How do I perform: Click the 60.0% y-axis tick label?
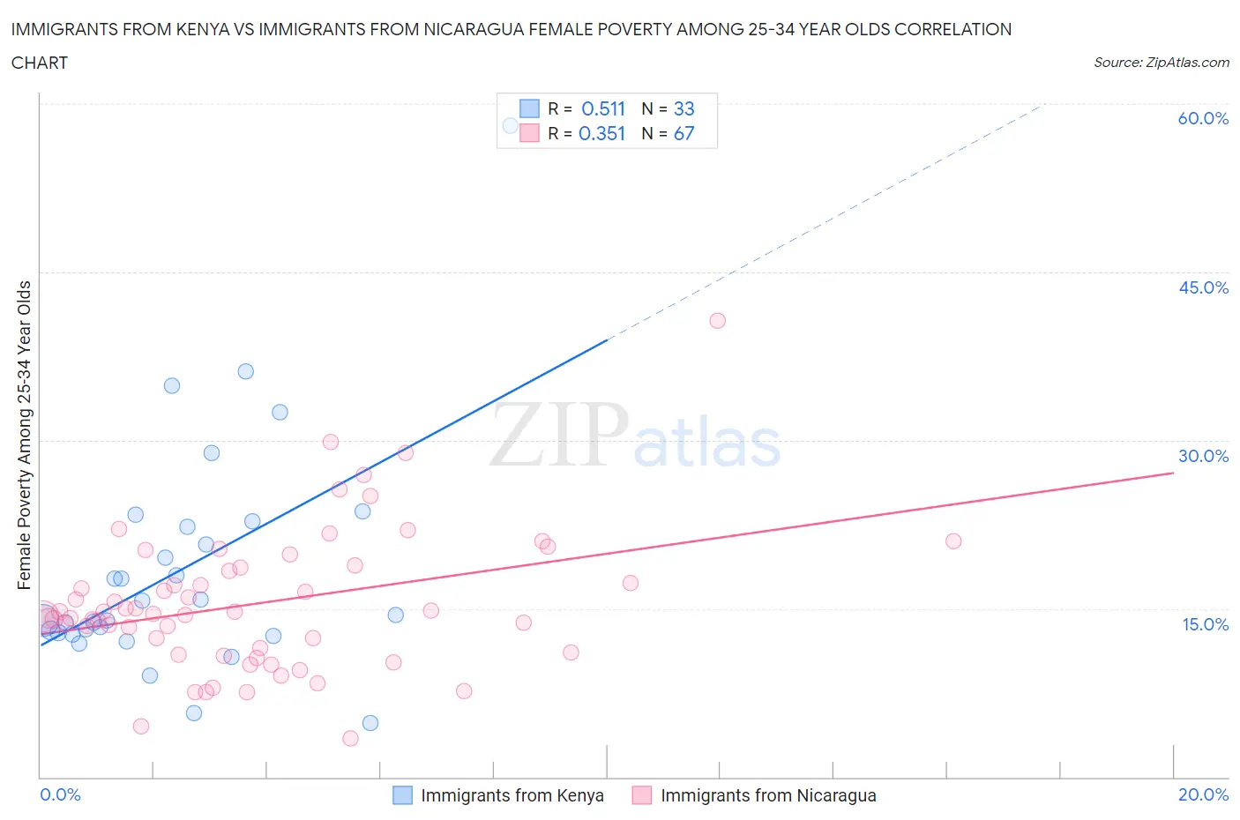pyautogui.click(x=1203, y=118)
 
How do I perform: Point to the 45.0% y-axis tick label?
pyautogui.click(x=1203, y=287)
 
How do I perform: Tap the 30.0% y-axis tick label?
pyautogui.click(x=1203, y=456)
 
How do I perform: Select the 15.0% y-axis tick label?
pyautogui.click(x=1203, y=624)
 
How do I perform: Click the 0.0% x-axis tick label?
pyautogui.click(x=60, y=794)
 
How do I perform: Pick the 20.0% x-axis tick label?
pyautogui.click(x=1203, y=794)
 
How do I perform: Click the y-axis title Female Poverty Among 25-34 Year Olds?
pyautogui.click(x=25, y=435)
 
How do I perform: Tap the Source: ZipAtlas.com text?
pyautogui.click(x=1161, y=63)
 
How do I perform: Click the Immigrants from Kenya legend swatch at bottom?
pyautogui.click(x=402, y=795)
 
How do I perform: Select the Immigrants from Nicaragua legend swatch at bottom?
pyautogui.click(x=642, y=795)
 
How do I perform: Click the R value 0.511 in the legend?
pyautogui.click(x=603, y=108)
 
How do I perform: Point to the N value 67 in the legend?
pyautogui.click(x=683, y=133)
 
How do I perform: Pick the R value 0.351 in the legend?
pyautogui.click(x=601, y=133)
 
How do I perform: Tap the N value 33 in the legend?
pyautogui.click(x=683, y=108)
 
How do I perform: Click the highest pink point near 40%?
pyautogui.click(x=717, y=321)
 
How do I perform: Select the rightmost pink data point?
pyautogui.click(x=953, y=541)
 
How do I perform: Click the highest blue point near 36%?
pyautogui.click(x=246, y=371)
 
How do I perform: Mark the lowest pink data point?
pyautogui.click(x=350, y=739)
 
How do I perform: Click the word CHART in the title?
pyautogui.click(x=40, y=63)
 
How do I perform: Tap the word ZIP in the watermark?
pyautogui.click(x=559, y=435)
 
